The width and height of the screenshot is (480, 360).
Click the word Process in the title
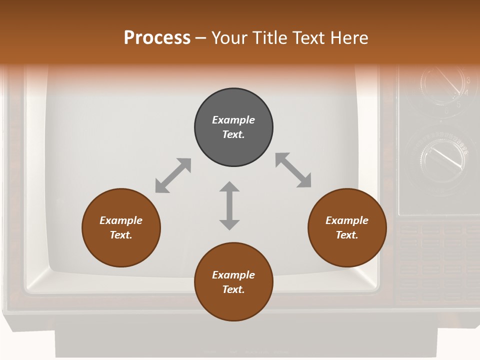pyautogui.click(x=157, y=38)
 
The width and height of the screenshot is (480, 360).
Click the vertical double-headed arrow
pyautogui.click(x=229, y=205)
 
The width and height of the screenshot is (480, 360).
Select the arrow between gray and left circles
pyautogui.click(x=173, y=175)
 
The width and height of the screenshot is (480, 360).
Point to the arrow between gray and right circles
pyautogui.click(x=293, y=170)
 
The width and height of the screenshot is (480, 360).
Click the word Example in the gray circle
pyautogui.click(x=233, y=120)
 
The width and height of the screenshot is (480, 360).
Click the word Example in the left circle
pyautogui.click(x=121, y=220)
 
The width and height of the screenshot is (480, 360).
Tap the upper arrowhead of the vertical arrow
pyautogui.click(x=229, y=187)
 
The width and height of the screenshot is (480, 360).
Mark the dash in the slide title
pyautogui.click(x=201, y=38)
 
